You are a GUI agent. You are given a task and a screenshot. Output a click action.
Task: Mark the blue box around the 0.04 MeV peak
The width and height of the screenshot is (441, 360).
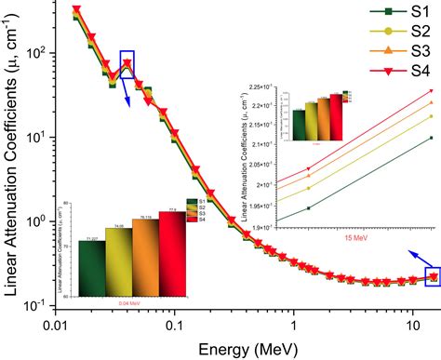coord(127,64)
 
